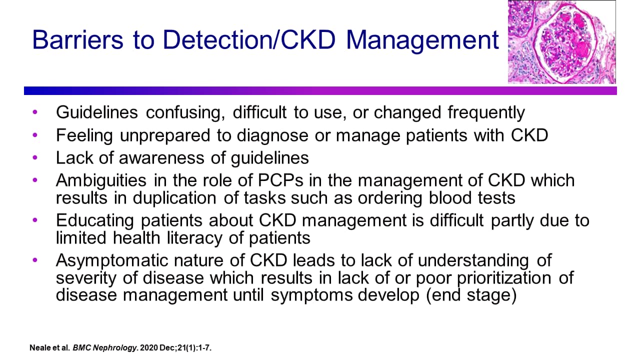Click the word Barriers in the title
tap(78, 40)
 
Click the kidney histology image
tap(561, 41)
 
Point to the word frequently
tap(486, 112)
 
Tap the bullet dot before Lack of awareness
tap(34, 158)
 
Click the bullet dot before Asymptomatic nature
tap(34, 260)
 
